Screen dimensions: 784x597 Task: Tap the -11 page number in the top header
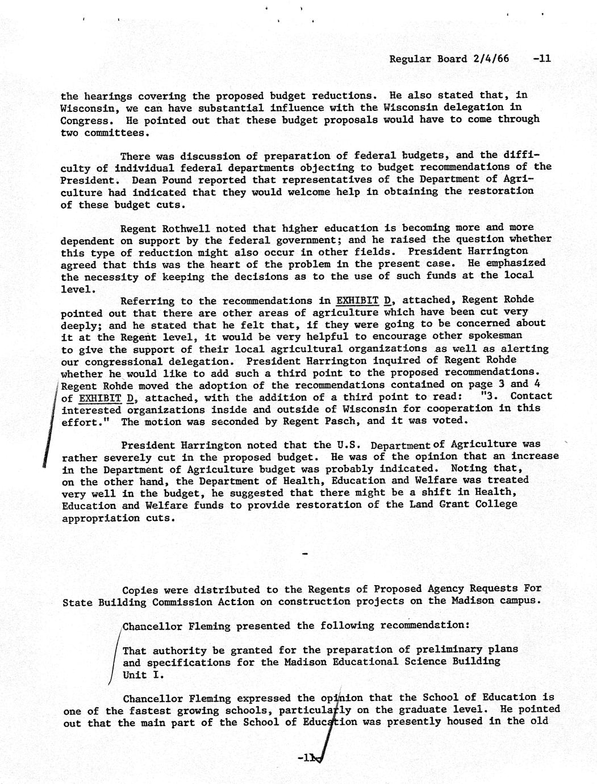pos(542,59)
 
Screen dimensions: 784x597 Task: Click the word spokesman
pos(503,336)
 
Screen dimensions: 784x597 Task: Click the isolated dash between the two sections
pos(306,554)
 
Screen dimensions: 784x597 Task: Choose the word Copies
pos(143,590)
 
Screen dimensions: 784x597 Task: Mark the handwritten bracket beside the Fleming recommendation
pos(115,656)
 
